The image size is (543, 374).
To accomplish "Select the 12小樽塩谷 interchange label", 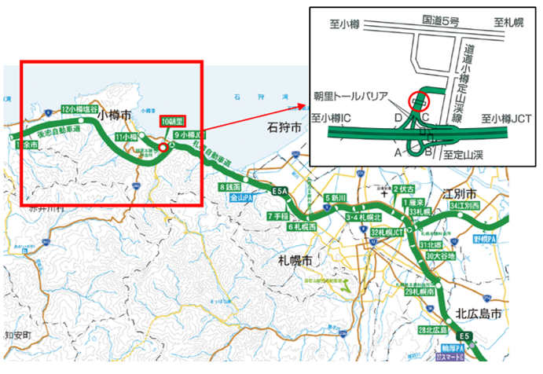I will tap(81, 109).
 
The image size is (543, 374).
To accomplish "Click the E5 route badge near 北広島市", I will tap(466, 337).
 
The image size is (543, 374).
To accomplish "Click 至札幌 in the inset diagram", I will tap(509, 24).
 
